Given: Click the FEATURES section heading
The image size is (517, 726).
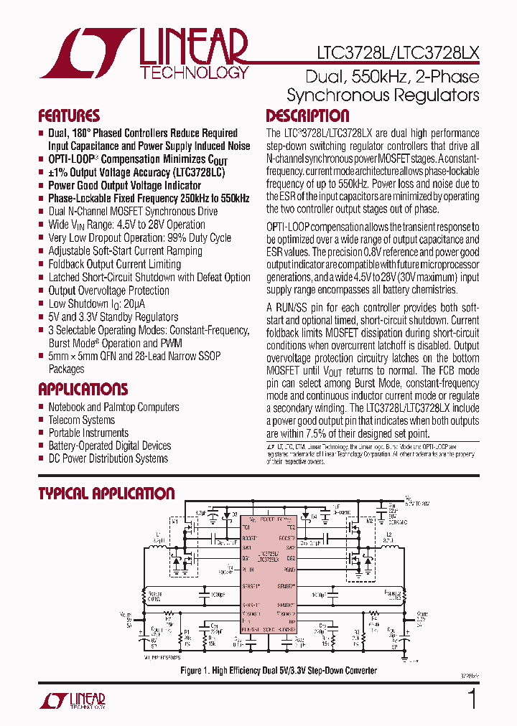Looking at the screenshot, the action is pos(68,116).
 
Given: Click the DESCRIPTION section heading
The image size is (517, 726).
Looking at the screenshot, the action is pos(307,116).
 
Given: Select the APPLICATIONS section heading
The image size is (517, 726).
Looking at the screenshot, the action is pos(83,390).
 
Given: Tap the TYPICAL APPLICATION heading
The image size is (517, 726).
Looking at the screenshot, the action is pos(106,494).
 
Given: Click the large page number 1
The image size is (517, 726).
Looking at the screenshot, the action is pos(472,698).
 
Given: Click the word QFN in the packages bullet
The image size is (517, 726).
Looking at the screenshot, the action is pos(106,356).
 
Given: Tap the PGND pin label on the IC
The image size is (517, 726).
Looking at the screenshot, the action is pos(289,569).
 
